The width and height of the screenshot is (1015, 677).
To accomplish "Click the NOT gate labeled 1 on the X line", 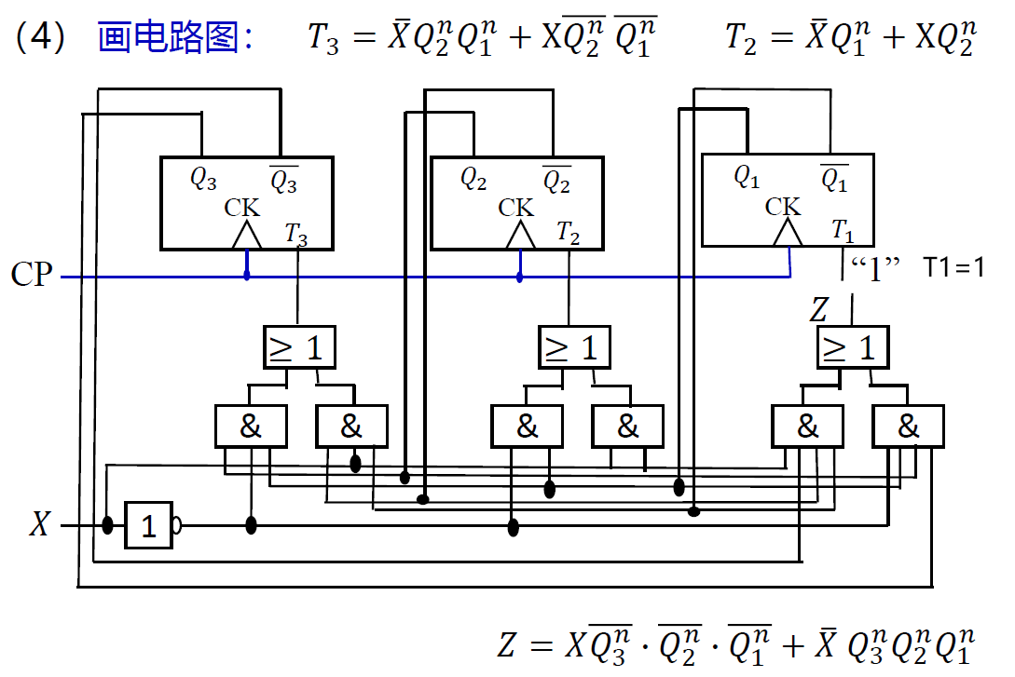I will click(x=149, y=526).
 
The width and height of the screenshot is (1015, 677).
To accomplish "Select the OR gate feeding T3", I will click(x=297, y=347).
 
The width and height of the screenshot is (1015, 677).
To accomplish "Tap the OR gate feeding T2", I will click(x=573, y=347).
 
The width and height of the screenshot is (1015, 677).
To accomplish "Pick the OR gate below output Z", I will click(x=852, y=347).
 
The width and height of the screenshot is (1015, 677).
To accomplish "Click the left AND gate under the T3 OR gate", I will click(x=251, y=427).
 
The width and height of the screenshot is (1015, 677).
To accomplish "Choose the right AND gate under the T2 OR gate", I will click(x=627, y=427).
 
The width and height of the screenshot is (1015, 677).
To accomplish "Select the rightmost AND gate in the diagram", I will click(x=907, y=427).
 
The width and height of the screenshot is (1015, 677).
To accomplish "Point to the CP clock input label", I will click(x=32, y=277).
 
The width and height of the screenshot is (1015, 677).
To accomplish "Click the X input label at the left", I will click(x=39, y=525).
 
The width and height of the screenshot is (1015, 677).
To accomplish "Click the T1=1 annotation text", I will click(x=953, y=267).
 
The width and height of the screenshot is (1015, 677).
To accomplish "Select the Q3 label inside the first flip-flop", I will click(x=203, y=179).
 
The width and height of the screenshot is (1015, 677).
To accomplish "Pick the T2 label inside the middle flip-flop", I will click(x=568, y=233).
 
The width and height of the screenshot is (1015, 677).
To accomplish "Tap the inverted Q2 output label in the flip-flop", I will click(x=556, y=180).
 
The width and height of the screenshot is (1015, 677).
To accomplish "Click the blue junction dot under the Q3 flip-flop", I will click(x=246, y=276).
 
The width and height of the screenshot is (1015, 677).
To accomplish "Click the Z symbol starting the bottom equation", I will click(x=506, y=644).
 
